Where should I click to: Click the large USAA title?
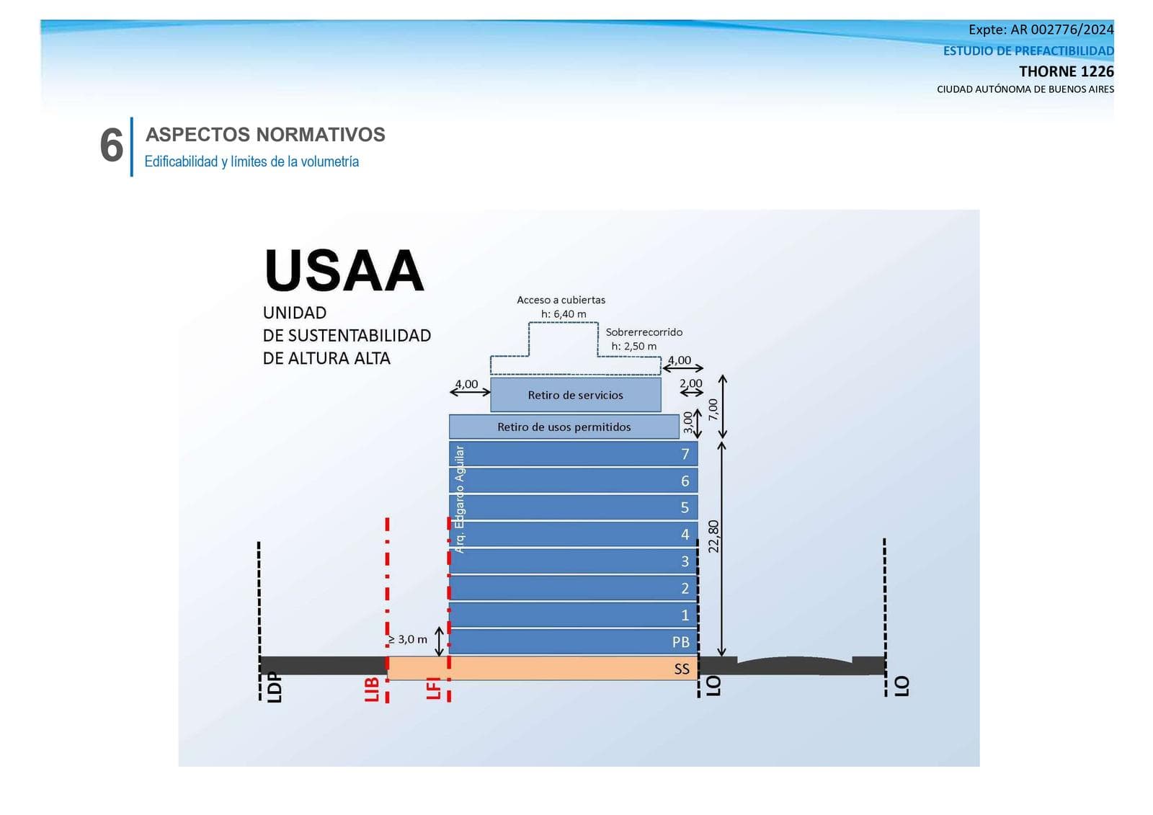344,271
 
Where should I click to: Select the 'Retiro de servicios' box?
576,395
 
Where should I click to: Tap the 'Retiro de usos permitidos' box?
564,427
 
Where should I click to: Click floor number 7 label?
685,454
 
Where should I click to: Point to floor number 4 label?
685,534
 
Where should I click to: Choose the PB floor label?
681,641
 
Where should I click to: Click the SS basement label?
682,669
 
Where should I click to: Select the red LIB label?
372,689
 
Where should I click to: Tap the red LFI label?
434,688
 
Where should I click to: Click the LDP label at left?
275,687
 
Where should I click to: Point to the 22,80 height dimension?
713,536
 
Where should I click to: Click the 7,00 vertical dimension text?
713,409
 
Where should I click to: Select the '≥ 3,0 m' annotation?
407,639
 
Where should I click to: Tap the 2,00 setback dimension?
691,383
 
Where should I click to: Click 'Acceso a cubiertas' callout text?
561,300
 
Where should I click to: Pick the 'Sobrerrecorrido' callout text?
644,332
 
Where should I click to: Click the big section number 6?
112,146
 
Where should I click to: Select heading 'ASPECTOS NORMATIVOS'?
265,135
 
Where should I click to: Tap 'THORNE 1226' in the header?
1067,71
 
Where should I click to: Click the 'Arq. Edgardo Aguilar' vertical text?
459,499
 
